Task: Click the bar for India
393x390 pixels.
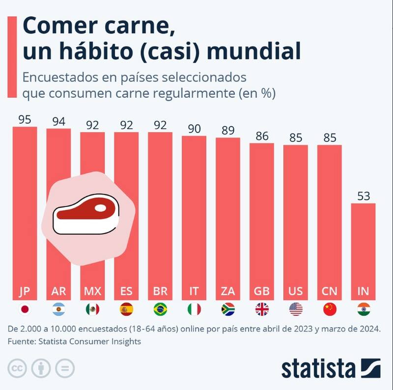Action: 363,251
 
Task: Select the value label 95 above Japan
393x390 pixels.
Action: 25,119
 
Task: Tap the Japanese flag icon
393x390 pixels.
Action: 25,309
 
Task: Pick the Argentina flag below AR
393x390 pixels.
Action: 58,309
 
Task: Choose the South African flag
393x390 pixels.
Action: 227,309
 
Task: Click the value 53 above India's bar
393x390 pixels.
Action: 363,196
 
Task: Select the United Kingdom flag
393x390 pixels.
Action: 262,309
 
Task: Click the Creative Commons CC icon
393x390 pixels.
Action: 17,368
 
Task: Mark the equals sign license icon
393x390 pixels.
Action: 64,368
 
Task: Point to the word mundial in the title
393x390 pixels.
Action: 257,51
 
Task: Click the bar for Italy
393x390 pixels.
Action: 194,216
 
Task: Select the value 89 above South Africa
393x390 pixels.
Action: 227,130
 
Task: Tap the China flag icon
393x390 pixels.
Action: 330,309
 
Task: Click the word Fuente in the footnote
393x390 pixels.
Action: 22,341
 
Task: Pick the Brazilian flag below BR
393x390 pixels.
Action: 160,309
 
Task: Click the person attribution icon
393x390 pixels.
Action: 40,368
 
